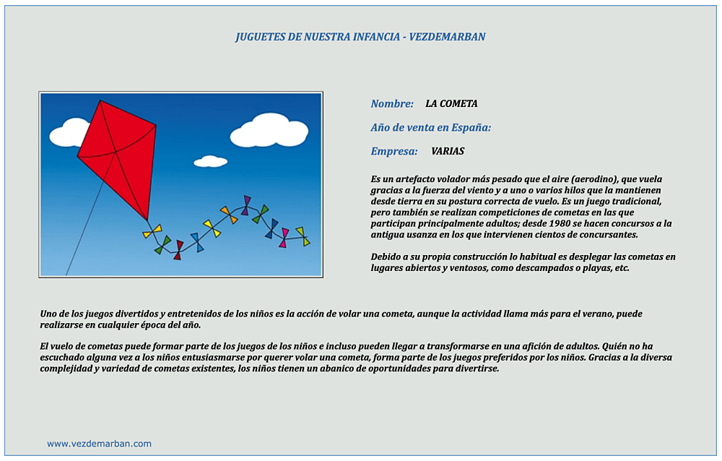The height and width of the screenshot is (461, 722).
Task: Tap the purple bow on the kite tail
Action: click(x=246, y=205)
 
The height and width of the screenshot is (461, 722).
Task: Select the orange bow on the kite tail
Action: click(x=229, y=215)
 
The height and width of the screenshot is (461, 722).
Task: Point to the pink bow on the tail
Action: click(x=284, y=237)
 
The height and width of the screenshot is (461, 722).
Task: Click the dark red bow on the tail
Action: click(x=178, y=250)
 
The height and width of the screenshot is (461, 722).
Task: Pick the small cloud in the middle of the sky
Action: click(x=210, y=161)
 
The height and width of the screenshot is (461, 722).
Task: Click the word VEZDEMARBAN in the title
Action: click(x=447, y=37)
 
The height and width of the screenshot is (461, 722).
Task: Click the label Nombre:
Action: click(x=392, y=104)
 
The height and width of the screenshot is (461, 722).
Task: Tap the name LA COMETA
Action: click(x=451, y=104)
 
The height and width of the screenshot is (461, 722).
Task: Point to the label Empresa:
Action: click(x=394, y=152)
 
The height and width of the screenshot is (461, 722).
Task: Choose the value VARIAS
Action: click(x=448, y=152)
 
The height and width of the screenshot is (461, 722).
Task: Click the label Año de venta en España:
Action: click(x=431, y=128)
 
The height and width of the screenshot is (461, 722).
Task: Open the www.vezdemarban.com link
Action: click(x=99, y=444)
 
